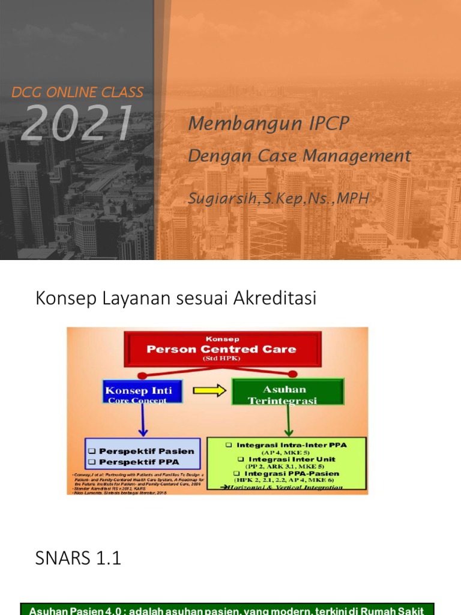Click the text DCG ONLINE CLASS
78,92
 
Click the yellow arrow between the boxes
209,391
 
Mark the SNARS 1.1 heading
79,559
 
